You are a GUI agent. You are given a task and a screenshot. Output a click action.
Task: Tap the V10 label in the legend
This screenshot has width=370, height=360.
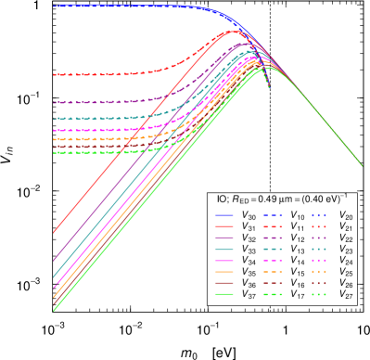tap(298, 216)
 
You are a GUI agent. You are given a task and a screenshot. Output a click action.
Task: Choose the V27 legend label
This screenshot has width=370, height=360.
tap(346, 296)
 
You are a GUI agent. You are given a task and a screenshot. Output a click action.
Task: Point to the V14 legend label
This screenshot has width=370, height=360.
tap(298, 262)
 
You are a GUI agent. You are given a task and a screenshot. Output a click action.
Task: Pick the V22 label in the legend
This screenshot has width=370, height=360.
tap(346, 238)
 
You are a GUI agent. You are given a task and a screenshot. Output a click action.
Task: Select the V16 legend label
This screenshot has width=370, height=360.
tap(298, 284)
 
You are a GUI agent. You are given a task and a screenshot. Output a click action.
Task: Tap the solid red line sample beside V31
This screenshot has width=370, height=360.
tap(224, 227)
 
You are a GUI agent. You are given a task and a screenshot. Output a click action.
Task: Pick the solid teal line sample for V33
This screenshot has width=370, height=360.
tap(224, 250)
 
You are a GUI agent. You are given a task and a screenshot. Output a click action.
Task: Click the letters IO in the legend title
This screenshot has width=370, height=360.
tap(222, 199)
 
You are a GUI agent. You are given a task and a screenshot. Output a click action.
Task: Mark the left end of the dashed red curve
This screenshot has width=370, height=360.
tap(54, 74)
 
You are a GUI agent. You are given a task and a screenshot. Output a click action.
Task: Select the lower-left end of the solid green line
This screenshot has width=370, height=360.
tap(54, 310)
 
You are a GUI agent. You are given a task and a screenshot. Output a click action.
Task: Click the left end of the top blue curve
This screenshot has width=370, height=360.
tap(54, 6)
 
